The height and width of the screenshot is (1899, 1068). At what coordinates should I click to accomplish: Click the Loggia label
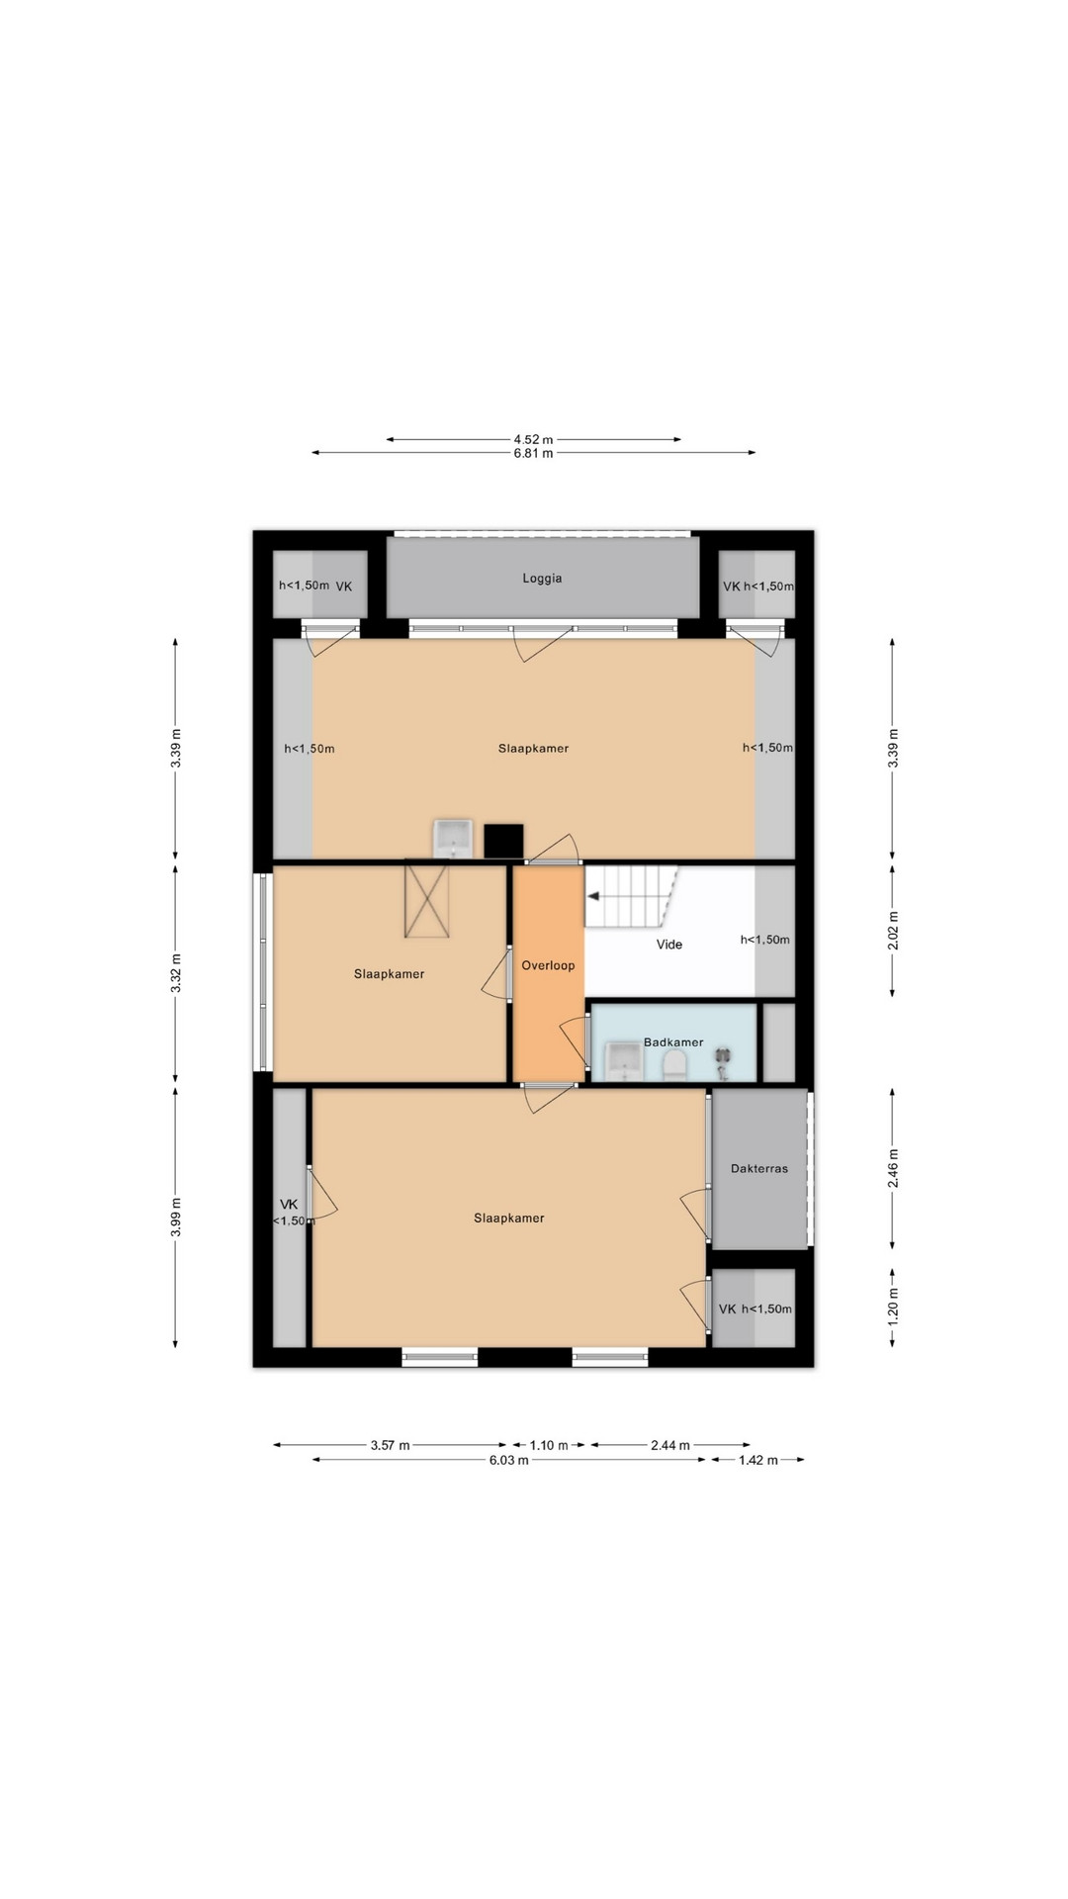[542, 579]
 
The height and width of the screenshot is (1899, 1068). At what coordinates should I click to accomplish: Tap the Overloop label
[548, 965]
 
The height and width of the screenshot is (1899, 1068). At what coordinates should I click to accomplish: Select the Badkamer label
[673, 1041]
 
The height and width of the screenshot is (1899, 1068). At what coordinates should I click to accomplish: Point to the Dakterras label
[759, 1168]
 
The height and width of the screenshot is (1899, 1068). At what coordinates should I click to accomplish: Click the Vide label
[669, 945]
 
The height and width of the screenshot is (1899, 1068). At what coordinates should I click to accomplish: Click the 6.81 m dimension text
[533, 453]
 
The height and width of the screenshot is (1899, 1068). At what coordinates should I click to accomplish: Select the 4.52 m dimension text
[533, 439]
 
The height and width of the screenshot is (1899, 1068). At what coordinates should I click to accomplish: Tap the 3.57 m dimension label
[390, 1445]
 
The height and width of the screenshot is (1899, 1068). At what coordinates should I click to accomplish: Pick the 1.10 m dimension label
[549, 1445]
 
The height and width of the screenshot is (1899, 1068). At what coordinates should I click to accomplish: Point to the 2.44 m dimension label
[670, 1445]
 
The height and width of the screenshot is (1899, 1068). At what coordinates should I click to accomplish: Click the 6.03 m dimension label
[508, 1460]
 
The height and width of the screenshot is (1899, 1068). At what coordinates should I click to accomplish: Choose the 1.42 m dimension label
[758, 1460]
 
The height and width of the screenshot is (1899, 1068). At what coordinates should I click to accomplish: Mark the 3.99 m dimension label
[176, 1217]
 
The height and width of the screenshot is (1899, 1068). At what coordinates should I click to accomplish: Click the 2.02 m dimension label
[893, 931]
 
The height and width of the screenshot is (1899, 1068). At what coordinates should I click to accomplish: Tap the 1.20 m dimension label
[893, 1307]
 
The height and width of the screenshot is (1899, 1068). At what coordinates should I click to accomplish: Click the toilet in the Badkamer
[674, 1064]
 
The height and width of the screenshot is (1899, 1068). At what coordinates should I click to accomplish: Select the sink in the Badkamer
[623, 1060]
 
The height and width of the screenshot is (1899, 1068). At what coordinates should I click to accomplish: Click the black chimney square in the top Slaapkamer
[503, 841]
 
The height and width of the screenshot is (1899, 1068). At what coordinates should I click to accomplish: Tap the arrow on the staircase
[593, 896]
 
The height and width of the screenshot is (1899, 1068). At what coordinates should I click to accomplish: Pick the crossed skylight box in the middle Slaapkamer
[426, 900]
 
